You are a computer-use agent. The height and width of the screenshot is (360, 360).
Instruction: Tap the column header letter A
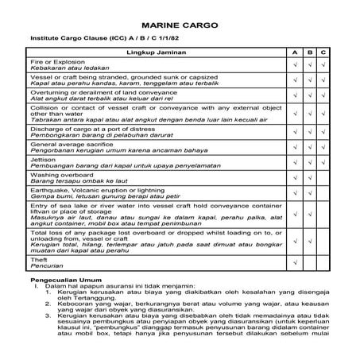[294, 52]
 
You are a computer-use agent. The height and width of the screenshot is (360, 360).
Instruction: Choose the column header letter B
[309, 52]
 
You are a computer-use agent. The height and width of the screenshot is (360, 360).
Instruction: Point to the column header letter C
[323, 52]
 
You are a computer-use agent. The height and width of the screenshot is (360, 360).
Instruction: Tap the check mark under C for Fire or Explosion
[323, 64]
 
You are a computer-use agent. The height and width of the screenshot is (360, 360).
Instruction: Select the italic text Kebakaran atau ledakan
[68, 68]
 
